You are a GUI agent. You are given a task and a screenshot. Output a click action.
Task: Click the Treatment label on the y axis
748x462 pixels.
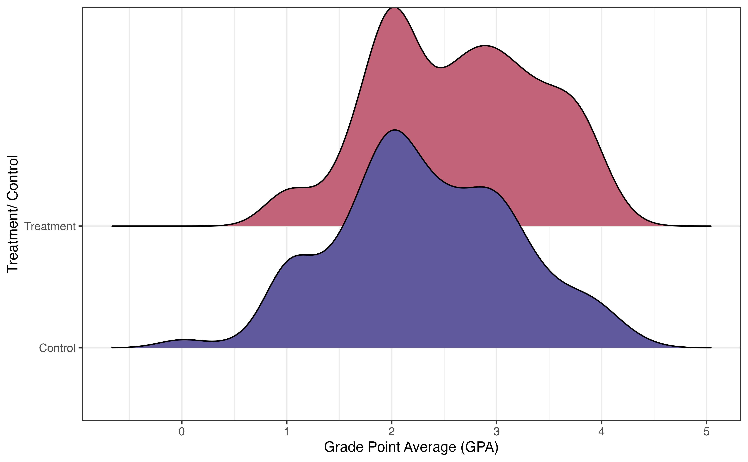50,226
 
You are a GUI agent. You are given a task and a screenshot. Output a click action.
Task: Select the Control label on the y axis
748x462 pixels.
57,348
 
